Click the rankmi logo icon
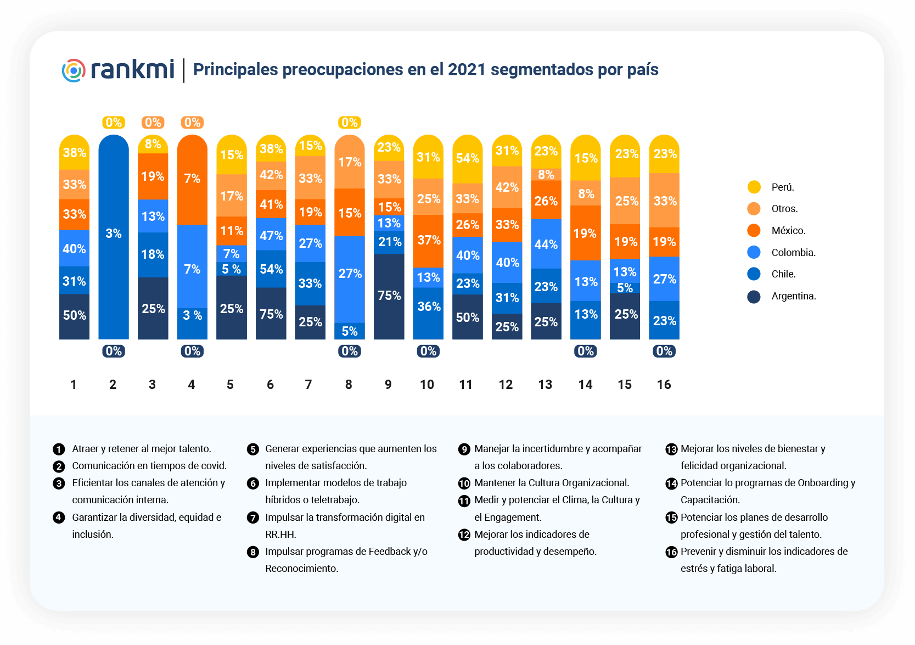74,71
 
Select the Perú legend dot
754,187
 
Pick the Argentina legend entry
793,296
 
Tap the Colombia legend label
793,253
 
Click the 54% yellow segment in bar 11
468,159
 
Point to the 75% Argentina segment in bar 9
389,296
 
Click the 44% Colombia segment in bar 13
546,244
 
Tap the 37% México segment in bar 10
429,240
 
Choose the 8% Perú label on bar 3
153,144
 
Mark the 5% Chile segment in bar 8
350,331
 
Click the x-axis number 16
664,385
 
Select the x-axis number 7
308,385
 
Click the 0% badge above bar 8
350,123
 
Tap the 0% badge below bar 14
586,351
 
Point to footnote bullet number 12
464,535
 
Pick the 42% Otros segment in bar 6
271,175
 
